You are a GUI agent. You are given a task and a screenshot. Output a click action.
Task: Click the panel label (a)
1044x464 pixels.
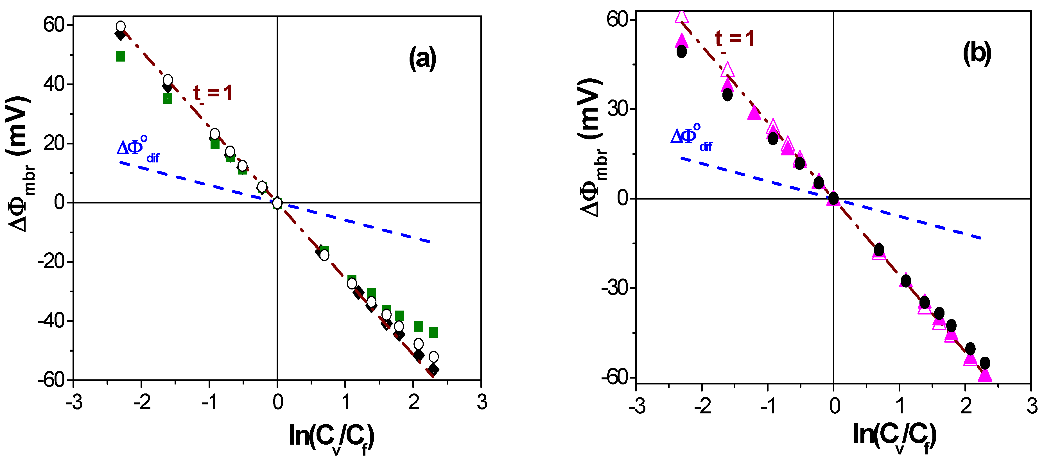point(422,59)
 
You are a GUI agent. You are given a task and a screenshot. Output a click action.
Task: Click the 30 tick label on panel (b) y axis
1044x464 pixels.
point(620,108)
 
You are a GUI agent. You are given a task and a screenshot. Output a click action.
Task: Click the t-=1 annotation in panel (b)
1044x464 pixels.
point(734,40)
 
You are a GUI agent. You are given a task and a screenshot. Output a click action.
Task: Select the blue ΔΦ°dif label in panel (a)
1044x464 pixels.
point(138,149)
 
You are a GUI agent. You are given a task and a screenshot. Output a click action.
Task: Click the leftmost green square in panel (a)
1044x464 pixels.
point(120,56)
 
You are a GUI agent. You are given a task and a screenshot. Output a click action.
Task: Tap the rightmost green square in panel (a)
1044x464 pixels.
point(433,332)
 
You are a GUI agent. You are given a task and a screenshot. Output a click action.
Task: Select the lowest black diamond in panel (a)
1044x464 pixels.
point(434,370)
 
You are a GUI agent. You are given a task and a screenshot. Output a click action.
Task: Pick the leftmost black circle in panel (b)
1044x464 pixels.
point(682,51)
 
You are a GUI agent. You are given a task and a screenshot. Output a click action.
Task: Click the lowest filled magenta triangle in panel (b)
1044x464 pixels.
point(985,375)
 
